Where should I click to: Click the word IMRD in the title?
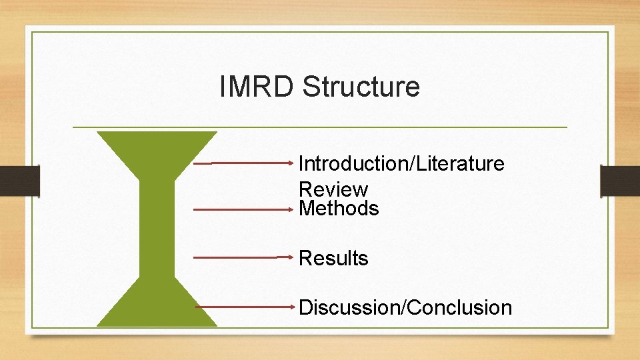256,87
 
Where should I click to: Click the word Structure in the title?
361,87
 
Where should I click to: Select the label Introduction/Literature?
401,163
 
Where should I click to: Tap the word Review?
333,189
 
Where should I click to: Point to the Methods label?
339,209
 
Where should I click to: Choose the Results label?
333,258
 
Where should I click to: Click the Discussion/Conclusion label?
405,307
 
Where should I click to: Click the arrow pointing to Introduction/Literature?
243,162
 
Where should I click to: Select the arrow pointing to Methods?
243,209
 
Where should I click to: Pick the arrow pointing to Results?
243,257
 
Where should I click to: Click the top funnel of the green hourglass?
157,150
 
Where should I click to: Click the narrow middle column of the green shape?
157,227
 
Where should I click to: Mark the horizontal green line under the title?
320,127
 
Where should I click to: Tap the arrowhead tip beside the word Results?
293,257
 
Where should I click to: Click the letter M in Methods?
307,209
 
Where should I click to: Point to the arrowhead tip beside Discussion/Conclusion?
293,307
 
